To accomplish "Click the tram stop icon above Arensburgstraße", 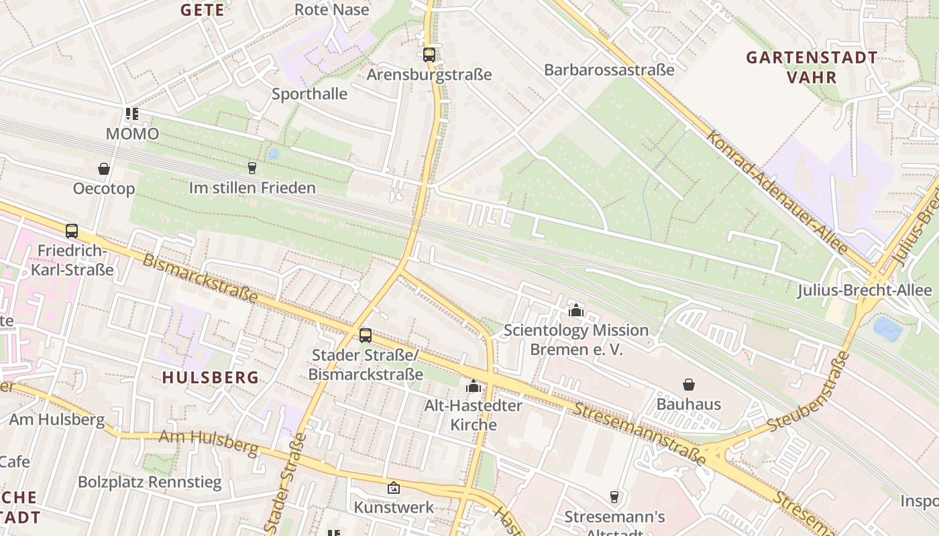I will pyautogui.click(x=429, y=55).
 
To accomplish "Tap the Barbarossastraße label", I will pyautogui.click(x=609, y=70).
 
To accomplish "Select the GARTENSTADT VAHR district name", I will pyautogui.click(x=812, y=67).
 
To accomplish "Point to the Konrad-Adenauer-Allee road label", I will pyautogui.click(x=777, y=192).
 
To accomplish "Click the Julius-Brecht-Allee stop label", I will pyautogui.click(x=865, y=290).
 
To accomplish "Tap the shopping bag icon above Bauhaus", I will pyautogui.click(x=689, y=385).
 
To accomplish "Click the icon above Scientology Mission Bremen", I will pyautogui.click(x=575, y=310).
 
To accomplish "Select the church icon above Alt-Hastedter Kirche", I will pyautogui.click(x=474, y=386).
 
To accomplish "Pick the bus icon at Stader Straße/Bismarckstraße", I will pyautogui.click(x=366, y=336).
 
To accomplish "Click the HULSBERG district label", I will pyautogui.click(x=211, y=377).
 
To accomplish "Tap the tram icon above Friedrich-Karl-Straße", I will pyautogui.click(x=72, y=231).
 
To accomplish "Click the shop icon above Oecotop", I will pyautogui.click(x=104, y=169).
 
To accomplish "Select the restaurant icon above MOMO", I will pyautogui.click(x=132, y=115).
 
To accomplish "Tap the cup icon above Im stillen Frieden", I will pyautogui.click(x=252, y=168).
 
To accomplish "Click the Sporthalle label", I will pyautogui.click(x=309, y=94).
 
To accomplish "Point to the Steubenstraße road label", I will pyautogui.click(x=809, y=392).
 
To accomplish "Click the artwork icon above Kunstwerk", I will pyautogui.click(x=394, y=488).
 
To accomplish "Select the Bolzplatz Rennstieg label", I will pyautogui.click(x=150, y=482).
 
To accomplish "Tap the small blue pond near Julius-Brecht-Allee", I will pyautogui.click(x=887, y=328).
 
